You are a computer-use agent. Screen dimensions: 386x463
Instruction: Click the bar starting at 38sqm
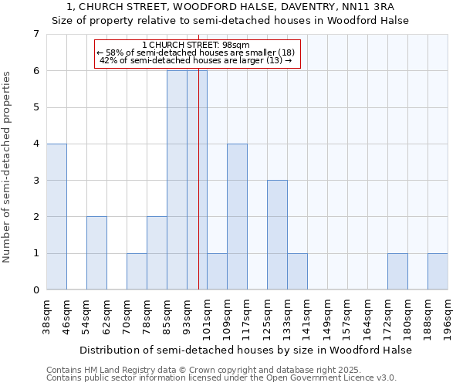(x=56, y=217)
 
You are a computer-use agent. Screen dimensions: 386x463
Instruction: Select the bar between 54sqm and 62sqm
(x=96, y=253)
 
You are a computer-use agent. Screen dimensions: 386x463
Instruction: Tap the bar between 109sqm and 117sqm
(x=237, y=217)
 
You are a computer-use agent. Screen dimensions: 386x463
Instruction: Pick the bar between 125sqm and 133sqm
(x=277, y=235)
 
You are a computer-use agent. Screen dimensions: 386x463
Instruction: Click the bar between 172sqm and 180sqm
(x=397, y=272)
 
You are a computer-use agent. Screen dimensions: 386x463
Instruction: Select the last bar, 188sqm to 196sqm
(x=438, y=272)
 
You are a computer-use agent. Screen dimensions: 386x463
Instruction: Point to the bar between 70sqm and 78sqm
(x=137, y=272)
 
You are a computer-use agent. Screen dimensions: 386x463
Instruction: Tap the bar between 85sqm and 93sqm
(x=177, y=180)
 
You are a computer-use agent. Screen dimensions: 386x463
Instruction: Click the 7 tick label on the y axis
(x=35, y=34)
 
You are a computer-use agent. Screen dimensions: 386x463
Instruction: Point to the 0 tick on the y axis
(x=35, y=290)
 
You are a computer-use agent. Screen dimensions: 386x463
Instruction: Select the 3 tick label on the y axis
(x=35, y=181)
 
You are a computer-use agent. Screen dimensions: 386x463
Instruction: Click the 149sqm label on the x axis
(x=327, y=316)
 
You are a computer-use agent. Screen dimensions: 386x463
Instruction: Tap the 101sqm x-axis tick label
(x=207, y=316)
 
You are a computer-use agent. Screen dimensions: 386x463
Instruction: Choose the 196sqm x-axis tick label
(x=448, y=316)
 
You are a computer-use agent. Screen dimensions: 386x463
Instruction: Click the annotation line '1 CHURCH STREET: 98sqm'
(x=196, y=46)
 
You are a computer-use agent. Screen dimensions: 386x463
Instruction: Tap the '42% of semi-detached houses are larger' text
(x=196, y=60)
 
